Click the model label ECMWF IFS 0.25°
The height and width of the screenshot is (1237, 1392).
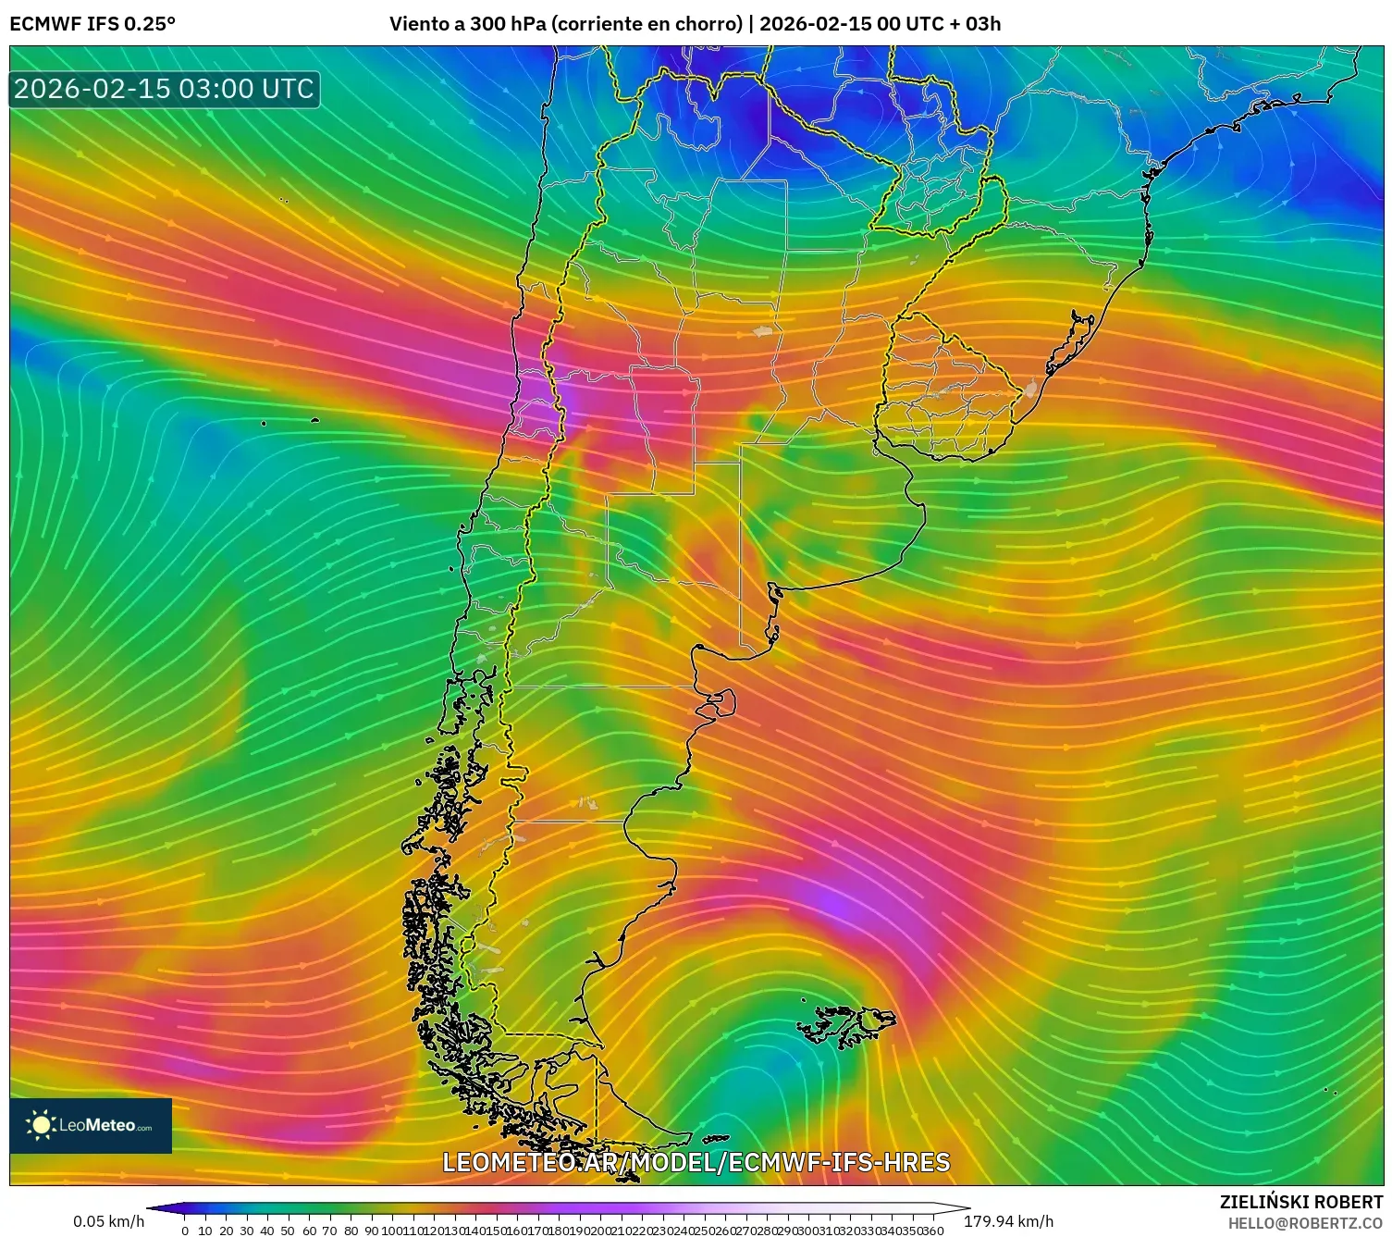pyautogui.click(x=92, y=24)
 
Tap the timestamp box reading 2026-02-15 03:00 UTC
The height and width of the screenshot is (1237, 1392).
pyautogui.click(x=164, y=89)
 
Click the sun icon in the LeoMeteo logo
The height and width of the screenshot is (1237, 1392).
pyautogui.click(x=41, y=1125)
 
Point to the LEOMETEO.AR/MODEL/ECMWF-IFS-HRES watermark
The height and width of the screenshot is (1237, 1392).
pyautogui.click(x=696, y=1162)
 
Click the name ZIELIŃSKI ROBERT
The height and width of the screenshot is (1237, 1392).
pyautogui.click(x=1300, y=1202)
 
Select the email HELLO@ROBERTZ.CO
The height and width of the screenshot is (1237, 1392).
pyautogui.click(x=1304, y=1223)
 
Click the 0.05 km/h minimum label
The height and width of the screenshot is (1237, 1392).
pyautogui.click(x=108, y=1221)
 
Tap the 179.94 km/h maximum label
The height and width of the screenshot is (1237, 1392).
pyautogui.click(x=1008, y=1221)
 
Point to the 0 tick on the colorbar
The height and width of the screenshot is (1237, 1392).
pyautogui.click(x=185, y=1231)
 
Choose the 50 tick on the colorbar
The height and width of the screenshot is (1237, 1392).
pyautogui.click(x=288, y=1231)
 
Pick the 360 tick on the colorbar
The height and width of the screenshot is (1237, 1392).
pyautogui.click(x=932, y=1231)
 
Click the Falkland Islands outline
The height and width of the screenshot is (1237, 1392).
pyautogui.click(x=846, y=1025)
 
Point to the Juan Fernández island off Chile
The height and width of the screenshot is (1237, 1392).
pyautogui.click(x=314, y=421)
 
